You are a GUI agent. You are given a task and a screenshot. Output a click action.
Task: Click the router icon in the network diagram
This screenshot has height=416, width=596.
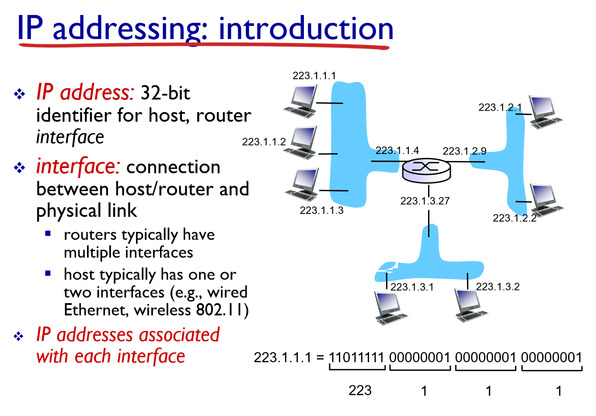click(x=426, y=170)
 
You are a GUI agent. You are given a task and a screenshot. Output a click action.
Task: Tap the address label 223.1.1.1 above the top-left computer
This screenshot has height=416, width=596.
click(x=314, y=76)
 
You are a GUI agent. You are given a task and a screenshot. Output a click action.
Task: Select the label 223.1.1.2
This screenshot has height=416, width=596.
click(x=264, y=142)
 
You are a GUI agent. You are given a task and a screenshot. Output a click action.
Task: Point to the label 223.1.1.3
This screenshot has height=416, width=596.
click(x=321, y=210)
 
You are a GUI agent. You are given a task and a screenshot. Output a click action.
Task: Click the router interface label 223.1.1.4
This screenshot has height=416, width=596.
click(x=397, y=150)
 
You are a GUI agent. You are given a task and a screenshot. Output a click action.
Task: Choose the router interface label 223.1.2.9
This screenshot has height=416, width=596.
click(x=464, y=151)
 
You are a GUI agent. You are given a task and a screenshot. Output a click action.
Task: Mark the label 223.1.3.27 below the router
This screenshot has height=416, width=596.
click(x=425, y=201)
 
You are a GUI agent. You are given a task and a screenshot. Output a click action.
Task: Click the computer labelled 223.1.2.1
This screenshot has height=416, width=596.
click(x=544, y=112)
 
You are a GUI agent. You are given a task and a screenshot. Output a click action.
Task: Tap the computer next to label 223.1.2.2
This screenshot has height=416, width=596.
click(x=546, y=200)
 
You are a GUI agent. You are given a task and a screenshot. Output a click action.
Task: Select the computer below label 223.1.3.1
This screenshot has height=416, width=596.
click(x=390, y=308)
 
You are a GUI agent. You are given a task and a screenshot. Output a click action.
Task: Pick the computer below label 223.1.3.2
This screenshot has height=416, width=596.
click(x=471, y=305)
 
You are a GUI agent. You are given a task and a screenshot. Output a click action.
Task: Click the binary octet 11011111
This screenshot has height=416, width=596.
click(x=356, y=357)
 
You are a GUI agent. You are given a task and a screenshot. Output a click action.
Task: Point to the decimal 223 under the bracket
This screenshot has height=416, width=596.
click(x=360, y=390)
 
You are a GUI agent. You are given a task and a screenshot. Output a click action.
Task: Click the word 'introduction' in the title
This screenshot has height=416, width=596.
click(x=306, y=28)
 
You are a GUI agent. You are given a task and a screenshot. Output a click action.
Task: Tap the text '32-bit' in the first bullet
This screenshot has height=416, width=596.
click(x=165, y=93)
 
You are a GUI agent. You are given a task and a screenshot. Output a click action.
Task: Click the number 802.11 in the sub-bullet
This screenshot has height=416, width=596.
click(x=223, y=310)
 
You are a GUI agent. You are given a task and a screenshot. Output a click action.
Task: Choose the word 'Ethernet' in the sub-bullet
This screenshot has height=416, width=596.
click(x=97, y=310)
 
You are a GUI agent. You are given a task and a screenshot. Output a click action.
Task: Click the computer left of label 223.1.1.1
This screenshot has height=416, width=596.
click(x=300, y=101)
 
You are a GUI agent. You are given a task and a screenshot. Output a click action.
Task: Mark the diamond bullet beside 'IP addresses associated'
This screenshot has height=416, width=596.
click(x=19, y=336)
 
